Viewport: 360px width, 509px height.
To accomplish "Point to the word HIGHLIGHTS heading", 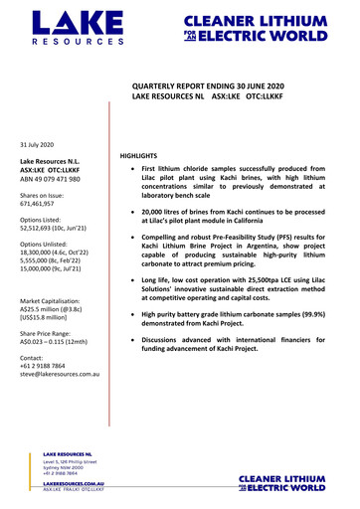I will [142, 157].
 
